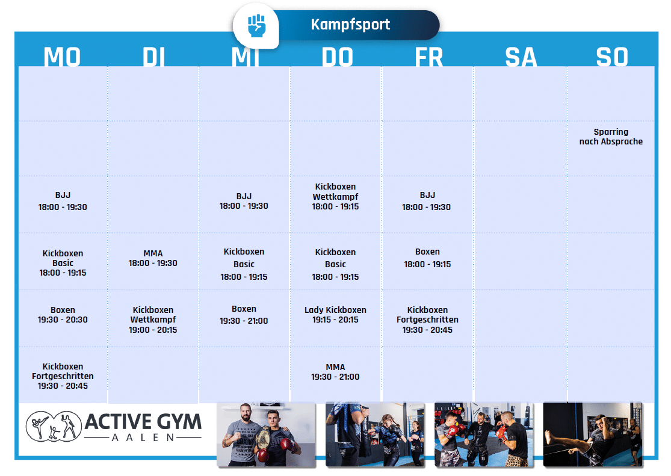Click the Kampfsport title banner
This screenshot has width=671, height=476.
pos(351,25)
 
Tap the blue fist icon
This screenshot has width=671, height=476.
pos(256,26)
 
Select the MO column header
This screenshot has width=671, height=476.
pos(62,57)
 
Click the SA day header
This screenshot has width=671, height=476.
pos(521,57)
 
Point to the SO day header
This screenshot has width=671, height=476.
pos(612,57)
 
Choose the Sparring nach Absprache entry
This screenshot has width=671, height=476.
pos(611,137)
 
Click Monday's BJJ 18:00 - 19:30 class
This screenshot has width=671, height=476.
pos(63,201)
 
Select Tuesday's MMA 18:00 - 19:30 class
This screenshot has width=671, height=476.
pos(153,258)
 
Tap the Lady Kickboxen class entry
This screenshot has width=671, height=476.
pos(335,315)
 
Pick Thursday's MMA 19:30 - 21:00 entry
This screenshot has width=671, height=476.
pos(335,372)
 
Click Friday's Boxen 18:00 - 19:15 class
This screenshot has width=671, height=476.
pos(427,258)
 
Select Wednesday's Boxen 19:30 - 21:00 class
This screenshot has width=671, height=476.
pos(244,315)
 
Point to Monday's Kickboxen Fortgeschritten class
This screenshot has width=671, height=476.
pos(63,376)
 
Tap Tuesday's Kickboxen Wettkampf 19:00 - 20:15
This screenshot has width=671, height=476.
pos(153,320)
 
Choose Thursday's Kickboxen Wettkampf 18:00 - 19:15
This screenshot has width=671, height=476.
pos(335,197)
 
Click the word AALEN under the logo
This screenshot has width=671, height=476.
pos(143,437)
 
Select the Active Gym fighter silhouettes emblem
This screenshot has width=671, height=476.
pos(54,426)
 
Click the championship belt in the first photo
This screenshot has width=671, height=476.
pos(262,439)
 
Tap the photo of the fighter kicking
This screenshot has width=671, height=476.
pos(593,434)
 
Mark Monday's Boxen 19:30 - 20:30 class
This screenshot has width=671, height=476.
pos(63,315)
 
